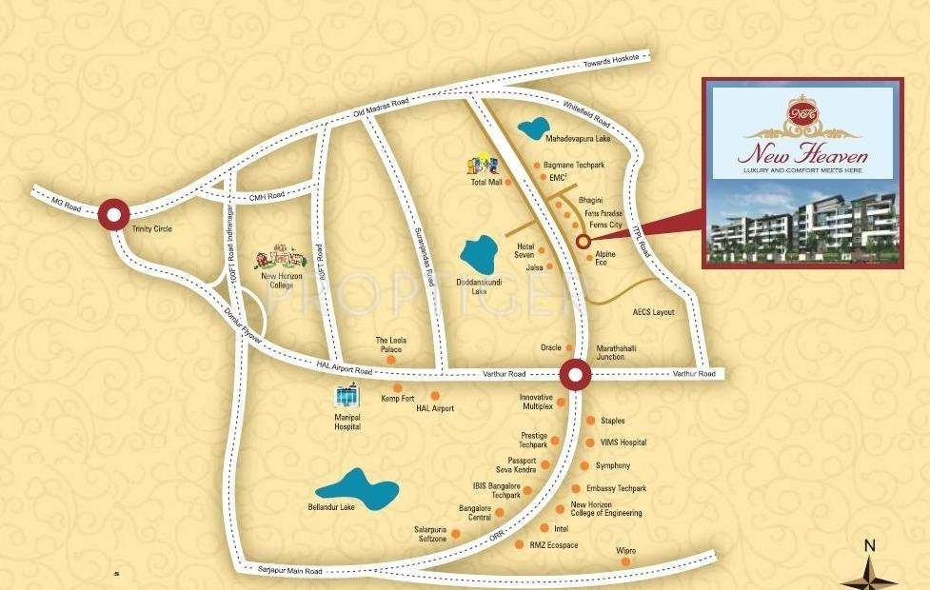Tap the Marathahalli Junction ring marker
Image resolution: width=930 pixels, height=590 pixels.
tap(575, 374)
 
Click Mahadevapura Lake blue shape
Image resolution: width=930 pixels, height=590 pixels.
tap(534, 128)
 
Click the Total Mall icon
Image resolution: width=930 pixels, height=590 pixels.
tap(480, 166)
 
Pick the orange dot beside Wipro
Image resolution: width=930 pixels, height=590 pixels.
tap(625, 561)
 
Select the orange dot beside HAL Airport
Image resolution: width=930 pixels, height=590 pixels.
tap(435, 395)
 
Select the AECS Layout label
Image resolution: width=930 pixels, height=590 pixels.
tap(653, 312)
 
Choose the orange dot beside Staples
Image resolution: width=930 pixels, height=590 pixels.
tap(591, 420)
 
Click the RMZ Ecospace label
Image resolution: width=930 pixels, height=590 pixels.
tap(554, 545)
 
